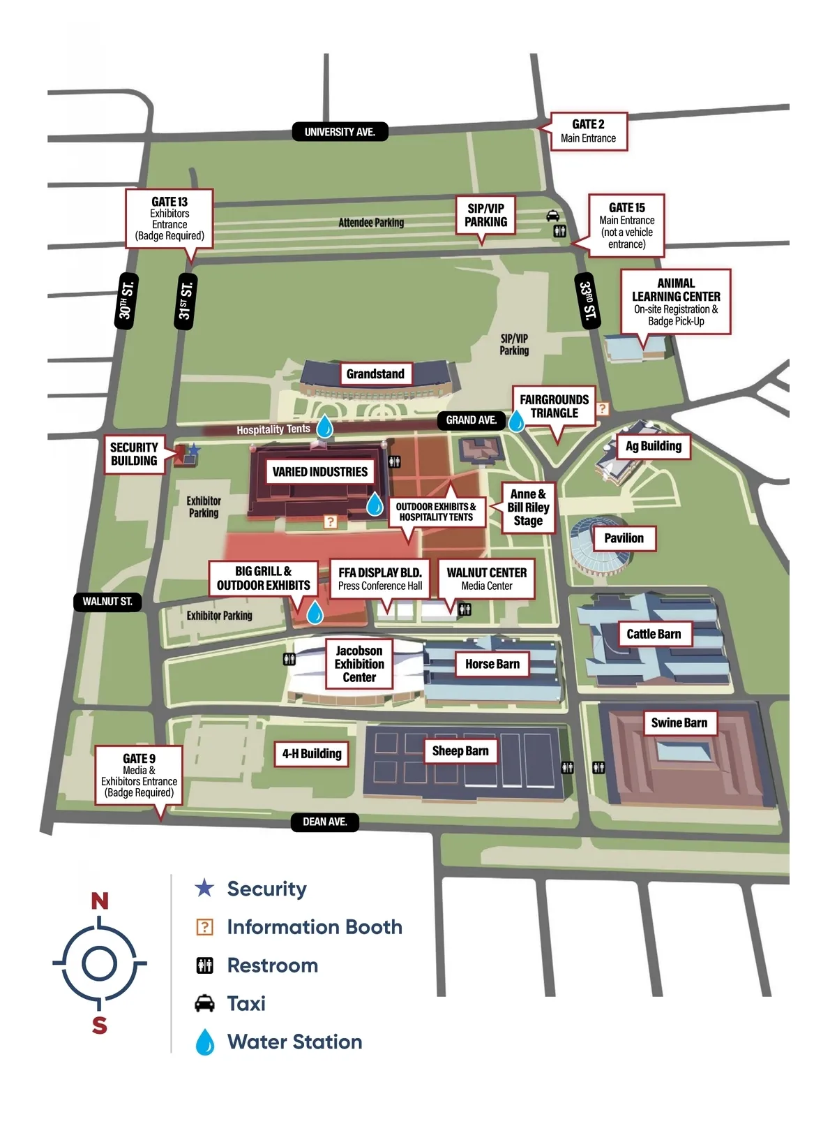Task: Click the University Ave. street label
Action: point(340,132)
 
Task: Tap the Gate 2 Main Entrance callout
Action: point(589,131)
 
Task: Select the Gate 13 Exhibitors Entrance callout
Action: point(169,218)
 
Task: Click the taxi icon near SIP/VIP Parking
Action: point(552,216)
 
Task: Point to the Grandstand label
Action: point(375,374)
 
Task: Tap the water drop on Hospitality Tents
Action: point(324,426)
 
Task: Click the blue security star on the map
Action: point(195,450)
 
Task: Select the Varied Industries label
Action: point(320,472)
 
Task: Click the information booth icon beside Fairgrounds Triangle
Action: point(602,408)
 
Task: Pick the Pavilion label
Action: point(624,538)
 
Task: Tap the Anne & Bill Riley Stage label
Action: point(528,508)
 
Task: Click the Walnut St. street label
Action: point(107,602)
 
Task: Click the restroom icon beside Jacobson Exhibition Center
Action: point(289,659)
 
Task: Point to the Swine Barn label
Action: point(679,723)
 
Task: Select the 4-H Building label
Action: point(312,754)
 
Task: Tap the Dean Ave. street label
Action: point(324,822)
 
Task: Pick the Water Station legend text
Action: point(295,1042)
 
